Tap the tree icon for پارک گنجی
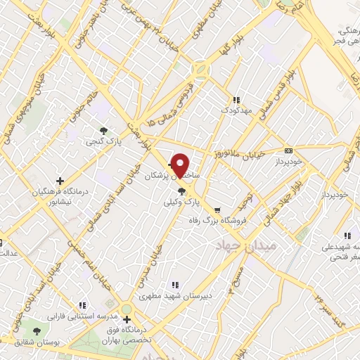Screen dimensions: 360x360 104,130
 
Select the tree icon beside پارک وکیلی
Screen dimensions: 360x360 182,191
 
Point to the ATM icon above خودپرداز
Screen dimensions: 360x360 288,150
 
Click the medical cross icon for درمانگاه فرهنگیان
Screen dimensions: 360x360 60,181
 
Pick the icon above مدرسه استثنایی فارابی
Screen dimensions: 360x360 82,305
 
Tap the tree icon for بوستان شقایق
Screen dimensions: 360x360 37,330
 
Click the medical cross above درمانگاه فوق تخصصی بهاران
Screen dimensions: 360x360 126,320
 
